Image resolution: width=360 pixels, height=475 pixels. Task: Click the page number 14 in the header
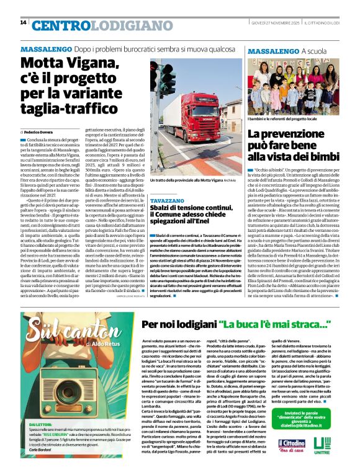[23, 22]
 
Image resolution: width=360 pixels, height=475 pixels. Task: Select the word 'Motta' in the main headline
[43, 63]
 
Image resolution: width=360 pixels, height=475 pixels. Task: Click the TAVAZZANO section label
[167, 184]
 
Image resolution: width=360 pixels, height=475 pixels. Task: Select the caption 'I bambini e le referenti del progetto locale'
[283, 118]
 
